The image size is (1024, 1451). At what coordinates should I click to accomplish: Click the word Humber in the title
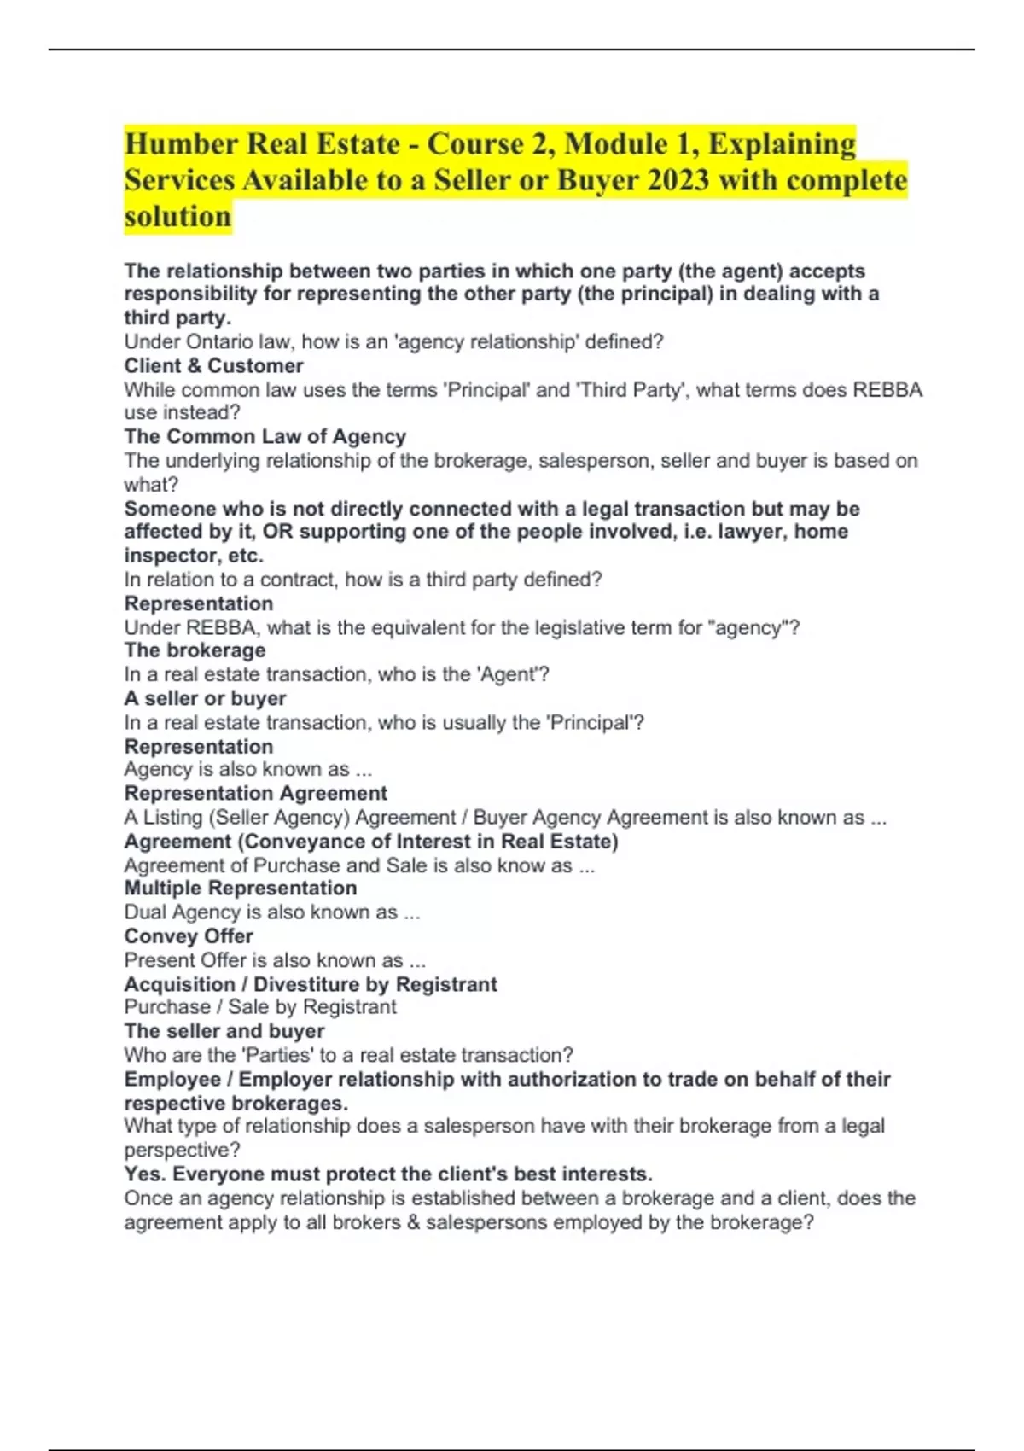[181, 144]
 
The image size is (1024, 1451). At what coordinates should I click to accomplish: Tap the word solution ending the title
[177, 217]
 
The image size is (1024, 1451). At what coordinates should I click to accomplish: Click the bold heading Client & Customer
[213, 366]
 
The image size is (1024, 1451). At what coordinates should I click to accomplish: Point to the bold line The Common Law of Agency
[265, 437]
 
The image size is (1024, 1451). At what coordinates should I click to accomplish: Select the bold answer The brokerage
[195, 650]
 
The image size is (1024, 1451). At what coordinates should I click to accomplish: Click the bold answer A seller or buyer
[205, 698]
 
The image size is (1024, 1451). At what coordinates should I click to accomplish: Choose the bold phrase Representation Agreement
[255, 794]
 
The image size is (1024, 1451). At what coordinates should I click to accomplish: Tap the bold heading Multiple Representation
[240, 889]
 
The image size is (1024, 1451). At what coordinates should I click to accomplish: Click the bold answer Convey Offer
[189, 936]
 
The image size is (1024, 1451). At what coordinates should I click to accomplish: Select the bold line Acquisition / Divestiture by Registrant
[310, 984]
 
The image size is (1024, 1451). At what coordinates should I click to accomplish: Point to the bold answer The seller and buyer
[224, 1031]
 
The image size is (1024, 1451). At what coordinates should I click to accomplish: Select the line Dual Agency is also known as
[271, 912]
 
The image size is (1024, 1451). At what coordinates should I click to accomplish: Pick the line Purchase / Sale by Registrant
[259, 1007]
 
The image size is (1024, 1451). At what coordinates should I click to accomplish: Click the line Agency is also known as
[247, 770]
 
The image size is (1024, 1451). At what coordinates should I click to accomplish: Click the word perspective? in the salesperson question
[182, 1150]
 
